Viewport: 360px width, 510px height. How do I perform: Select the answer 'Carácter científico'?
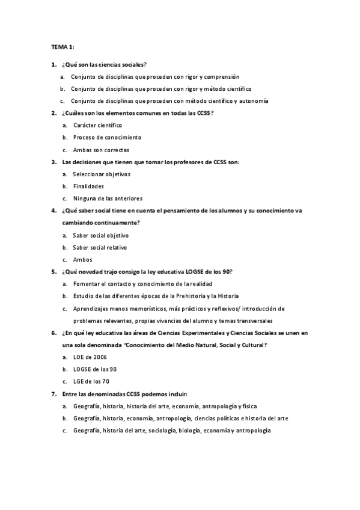pos(97,125)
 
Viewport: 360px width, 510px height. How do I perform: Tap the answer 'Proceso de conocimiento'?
pos(103,138)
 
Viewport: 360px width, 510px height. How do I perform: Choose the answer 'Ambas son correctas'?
pos(101,150)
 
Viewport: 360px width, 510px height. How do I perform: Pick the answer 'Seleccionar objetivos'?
pos(102,174)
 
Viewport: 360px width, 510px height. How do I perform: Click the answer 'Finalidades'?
pos(88,186)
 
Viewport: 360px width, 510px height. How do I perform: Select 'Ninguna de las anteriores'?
pos(108,198)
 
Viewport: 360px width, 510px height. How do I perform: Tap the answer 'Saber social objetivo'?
pos(100,235)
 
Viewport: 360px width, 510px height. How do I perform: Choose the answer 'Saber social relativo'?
pos(100,247)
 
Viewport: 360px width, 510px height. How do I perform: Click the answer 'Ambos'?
pos(83,260)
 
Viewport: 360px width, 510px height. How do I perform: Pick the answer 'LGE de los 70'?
pos(91,381)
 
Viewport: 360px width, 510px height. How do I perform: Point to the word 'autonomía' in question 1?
pos(254,101)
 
